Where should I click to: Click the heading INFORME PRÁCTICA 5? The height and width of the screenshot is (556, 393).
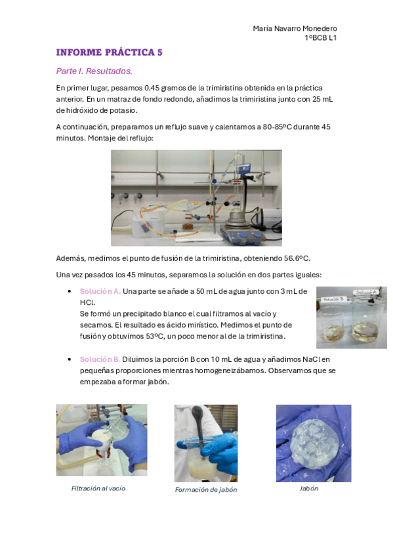pos(110,52)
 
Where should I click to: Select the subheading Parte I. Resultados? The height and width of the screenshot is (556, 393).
pos(94,71)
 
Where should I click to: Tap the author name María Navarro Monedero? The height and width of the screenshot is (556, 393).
pos(295,28)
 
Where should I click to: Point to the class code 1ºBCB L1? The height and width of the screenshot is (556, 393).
pos(321,37)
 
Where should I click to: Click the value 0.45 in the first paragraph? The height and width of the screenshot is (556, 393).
pos(152,88)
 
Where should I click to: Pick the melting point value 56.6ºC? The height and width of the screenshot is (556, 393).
pos(297,258)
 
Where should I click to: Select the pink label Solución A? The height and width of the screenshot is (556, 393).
pos(100,292)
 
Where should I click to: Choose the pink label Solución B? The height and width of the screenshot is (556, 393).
pos(100,359)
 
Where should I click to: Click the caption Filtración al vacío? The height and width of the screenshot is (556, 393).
pos(98,488)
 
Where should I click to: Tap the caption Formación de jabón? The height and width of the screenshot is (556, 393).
pos(206,490)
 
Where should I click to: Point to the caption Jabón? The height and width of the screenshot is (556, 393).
pos(308,488)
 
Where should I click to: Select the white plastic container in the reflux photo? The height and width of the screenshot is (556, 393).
pos(148,224)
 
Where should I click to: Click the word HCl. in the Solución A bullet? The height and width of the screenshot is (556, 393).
pos(87,303)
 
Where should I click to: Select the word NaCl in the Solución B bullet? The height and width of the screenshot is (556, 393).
pos(312,359)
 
